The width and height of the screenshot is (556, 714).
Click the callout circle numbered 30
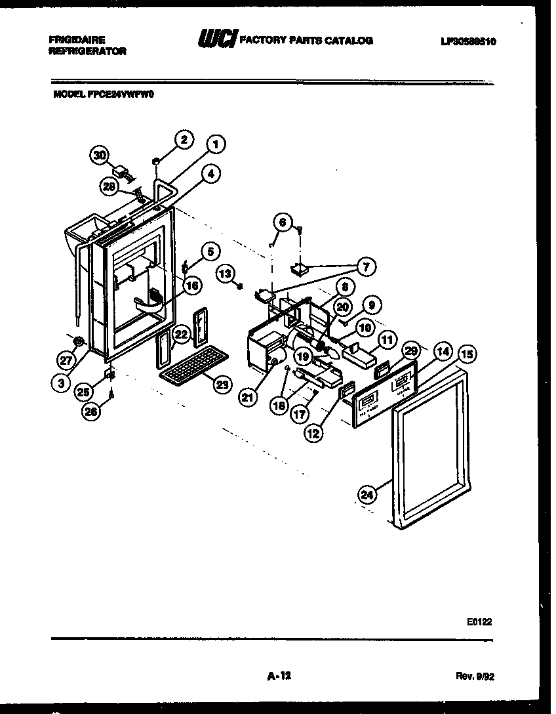[100, 156]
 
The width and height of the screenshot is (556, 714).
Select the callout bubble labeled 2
[184, 139]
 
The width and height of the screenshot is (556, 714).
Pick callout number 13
[225, 272]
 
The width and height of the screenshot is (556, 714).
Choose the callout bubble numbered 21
[247, 398]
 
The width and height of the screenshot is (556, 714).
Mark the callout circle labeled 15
[467, 354]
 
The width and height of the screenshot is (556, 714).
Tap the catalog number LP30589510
[468, 41]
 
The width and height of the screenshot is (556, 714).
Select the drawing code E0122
[480, 619]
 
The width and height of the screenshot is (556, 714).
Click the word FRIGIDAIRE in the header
[77, 39]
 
